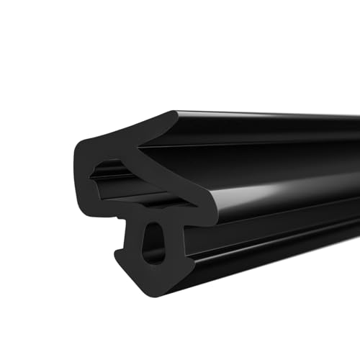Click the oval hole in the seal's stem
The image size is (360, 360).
pyautogui.click(x=152, y=243)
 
